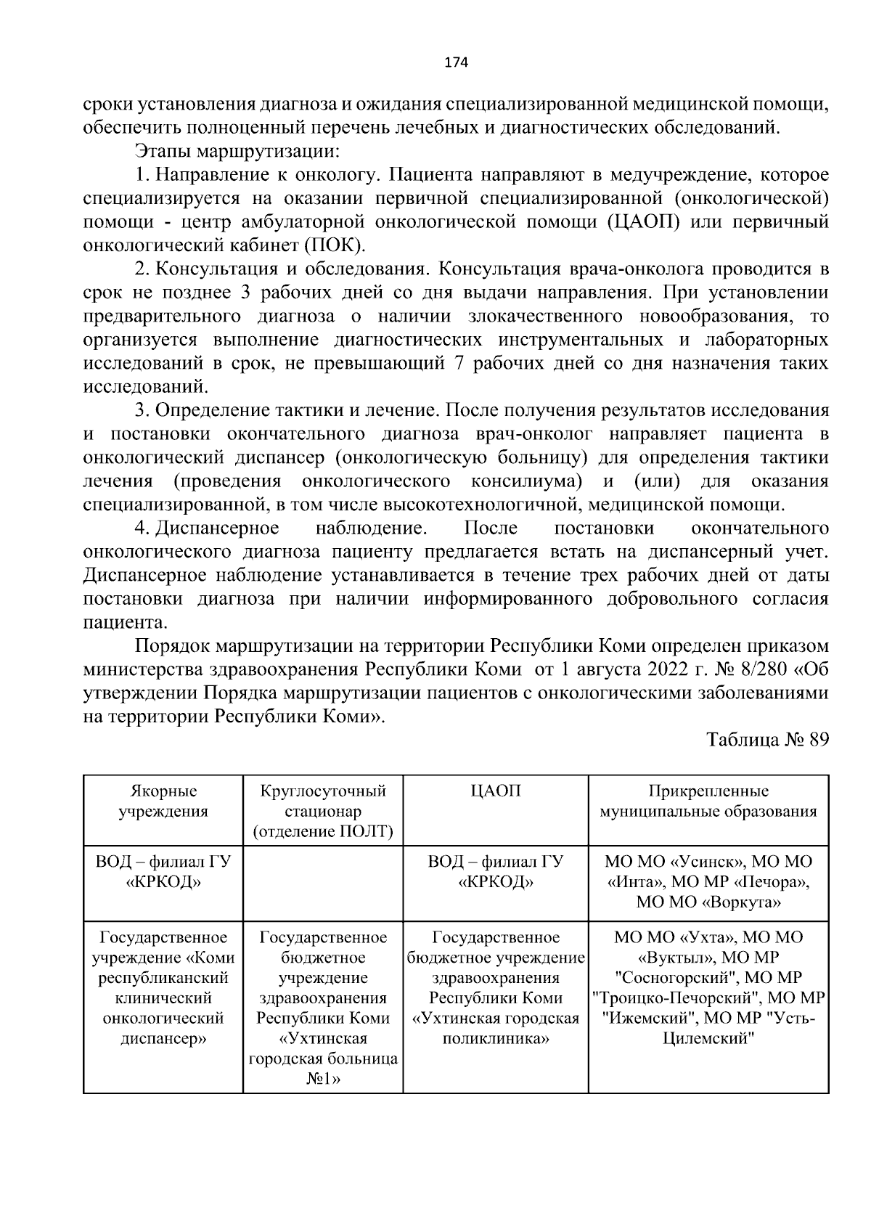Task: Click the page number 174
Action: [456, 62]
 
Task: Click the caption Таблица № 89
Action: [767, 740]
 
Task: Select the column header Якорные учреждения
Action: [163, 801]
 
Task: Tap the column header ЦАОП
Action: [496, 791]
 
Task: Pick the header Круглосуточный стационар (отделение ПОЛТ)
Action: [323, 811]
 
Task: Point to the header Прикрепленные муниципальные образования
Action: [708, 801]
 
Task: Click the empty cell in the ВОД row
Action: [323, 882]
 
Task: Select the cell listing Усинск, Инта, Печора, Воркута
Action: [708, 882]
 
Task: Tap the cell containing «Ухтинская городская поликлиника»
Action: [496, 987]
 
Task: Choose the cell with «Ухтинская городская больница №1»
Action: [323, 1008]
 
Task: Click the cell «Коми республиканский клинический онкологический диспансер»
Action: [163, 987]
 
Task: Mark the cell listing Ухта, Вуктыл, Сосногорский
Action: [708, 987]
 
